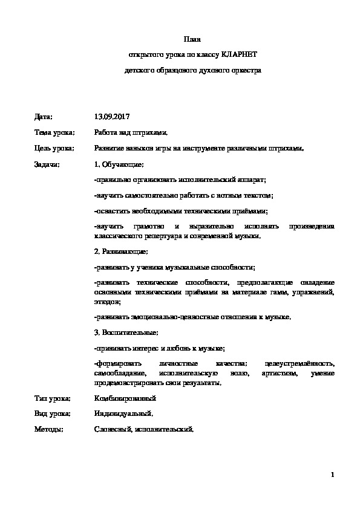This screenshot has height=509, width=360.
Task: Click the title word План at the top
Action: (x=192, y=39)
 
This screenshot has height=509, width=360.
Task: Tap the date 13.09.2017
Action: (x=112, y=116)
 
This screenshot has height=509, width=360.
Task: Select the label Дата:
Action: (x=44, y=116)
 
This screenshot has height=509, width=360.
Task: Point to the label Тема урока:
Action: (x=54, y=132)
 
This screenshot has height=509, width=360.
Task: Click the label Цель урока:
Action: (x=54, y=148)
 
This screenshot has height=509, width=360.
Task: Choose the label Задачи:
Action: (x=48, y=164)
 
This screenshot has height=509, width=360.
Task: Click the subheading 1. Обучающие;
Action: (x=119, y=164)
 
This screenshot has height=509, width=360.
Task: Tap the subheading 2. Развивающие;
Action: (x=121, y=251)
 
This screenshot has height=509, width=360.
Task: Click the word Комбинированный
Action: (x=125, y=398)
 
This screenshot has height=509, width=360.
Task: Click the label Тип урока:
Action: (x=53, y=398)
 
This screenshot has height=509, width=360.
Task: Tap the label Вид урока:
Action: (x=53, y=414)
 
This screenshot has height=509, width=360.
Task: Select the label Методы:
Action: (x=48, y=430)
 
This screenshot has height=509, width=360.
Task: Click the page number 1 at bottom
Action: (x=333, y=474)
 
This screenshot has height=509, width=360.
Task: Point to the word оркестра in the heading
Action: (x=246, y=70)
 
